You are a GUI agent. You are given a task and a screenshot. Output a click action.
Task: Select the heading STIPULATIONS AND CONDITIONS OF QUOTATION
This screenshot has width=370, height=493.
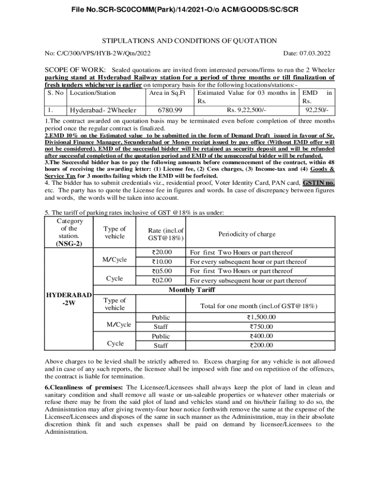[x=190, y=41]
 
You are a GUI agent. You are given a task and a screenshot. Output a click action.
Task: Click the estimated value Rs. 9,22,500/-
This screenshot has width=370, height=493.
[x=247, y=110]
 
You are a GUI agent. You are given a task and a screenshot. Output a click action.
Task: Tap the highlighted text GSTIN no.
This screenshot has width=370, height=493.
[x=318, y=183]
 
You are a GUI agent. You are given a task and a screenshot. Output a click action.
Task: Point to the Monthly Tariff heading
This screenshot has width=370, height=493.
[x=192, y=290]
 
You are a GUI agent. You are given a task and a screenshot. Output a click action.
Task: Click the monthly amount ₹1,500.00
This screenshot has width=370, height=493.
[x=261, y=317]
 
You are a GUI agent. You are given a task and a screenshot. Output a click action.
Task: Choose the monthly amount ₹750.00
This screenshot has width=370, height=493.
[x=261, y=326]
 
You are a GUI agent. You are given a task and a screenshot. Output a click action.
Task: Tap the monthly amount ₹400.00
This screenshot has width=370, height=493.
[x=261, y=336]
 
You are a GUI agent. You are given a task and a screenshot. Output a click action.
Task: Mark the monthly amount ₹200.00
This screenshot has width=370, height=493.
[x=261, y=345]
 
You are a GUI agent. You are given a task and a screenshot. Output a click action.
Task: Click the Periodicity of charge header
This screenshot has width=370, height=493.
[x=247, y=234]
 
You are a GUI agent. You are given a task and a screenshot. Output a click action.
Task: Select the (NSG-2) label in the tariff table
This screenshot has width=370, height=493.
[x=69, y=244]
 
